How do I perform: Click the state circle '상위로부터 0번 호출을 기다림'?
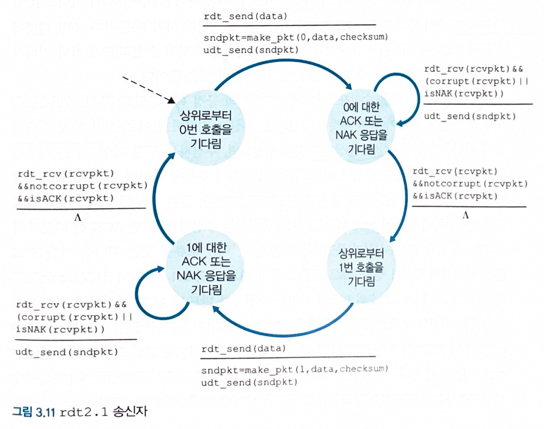tap(206, 129)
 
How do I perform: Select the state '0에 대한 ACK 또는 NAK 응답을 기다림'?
tap(361, 128)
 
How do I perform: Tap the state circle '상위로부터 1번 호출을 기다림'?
tap(361, 267)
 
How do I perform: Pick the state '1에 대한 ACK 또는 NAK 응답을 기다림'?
tap(206, 268)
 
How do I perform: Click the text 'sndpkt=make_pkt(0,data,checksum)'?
tap(296, 37)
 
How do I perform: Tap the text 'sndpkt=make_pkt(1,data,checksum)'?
tap(295, 370)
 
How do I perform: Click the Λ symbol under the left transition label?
tap(78, 217)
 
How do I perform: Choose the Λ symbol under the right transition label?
tap(466, 215)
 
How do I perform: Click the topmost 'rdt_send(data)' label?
tap(245, 16)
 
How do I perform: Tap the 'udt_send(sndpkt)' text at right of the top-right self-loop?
tap(470, 116)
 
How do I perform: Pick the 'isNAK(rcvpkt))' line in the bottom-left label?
tap(60, 329)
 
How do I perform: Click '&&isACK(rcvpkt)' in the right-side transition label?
tap(455, 196)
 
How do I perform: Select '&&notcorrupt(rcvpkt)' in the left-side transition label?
tap(83, 186)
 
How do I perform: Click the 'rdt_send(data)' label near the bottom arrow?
tap(244, 349)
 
